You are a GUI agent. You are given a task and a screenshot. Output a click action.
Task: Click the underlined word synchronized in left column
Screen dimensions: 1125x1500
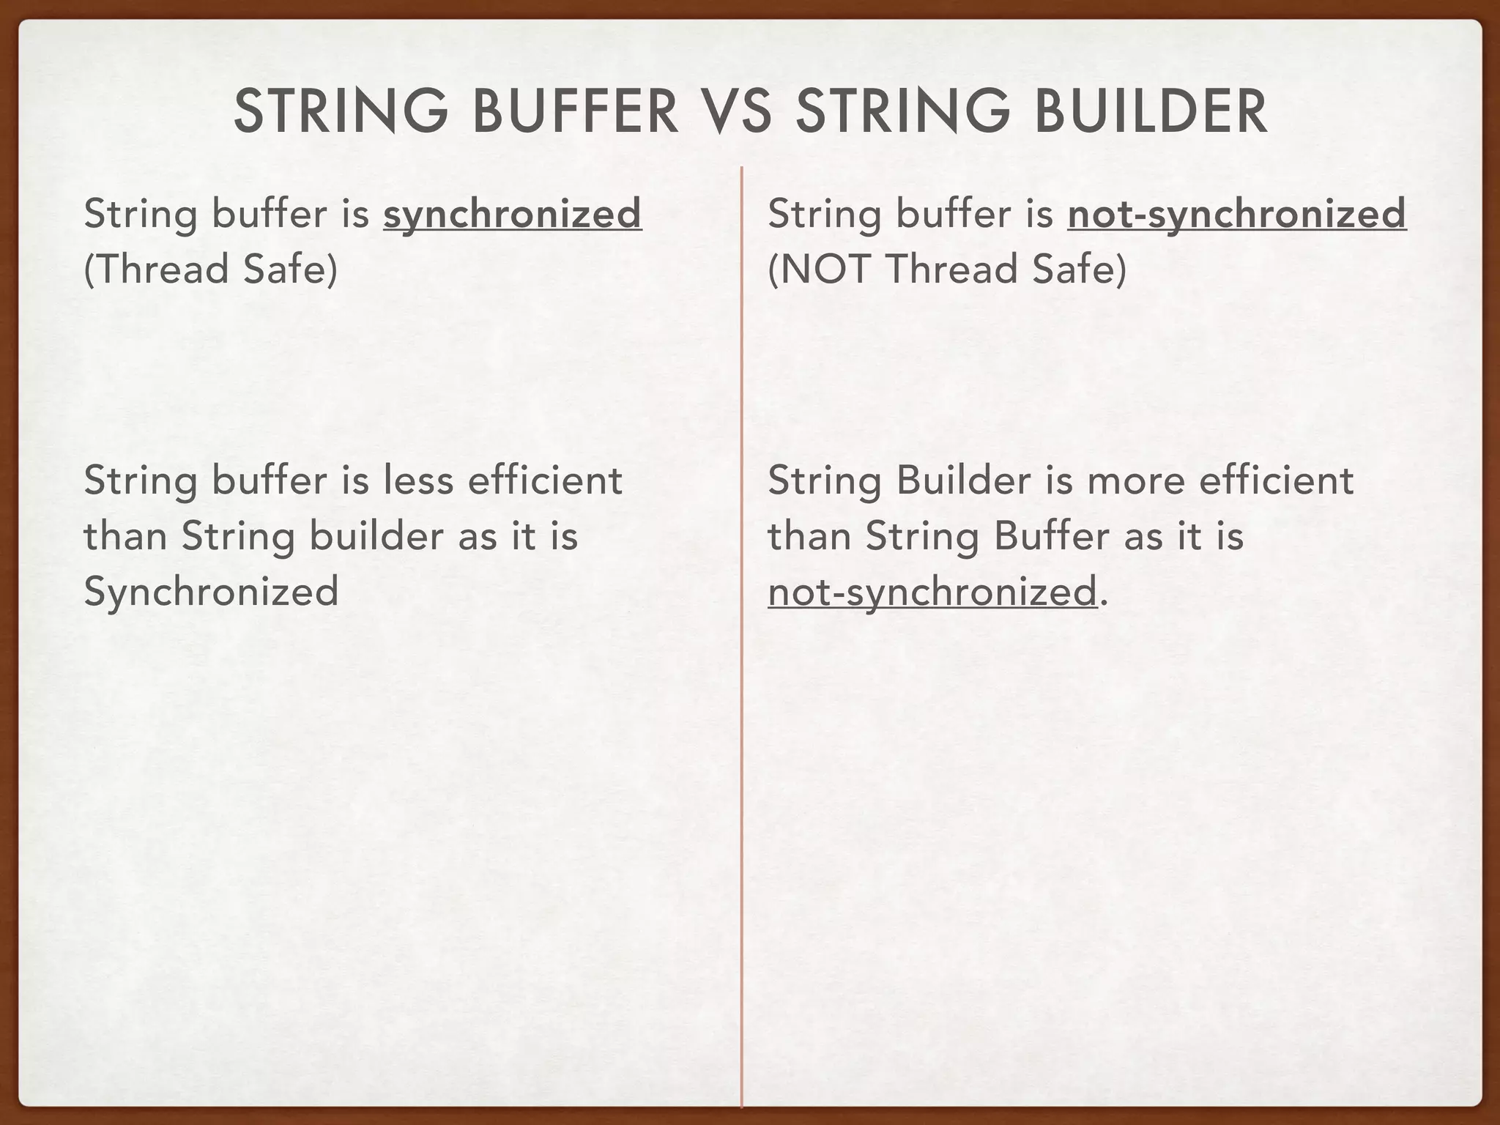pos(512,215)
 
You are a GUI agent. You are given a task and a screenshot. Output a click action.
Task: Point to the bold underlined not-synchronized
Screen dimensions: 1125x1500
pos(1236,215)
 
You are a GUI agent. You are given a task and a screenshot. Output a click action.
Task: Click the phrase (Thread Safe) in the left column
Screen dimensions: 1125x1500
pos(211,269)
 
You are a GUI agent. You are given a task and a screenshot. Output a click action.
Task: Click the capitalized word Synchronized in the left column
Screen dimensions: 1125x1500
pos(211,591)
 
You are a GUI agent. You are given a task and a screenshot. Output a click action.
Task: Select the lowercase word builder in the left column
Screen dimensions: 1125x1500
pos(376,536)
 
